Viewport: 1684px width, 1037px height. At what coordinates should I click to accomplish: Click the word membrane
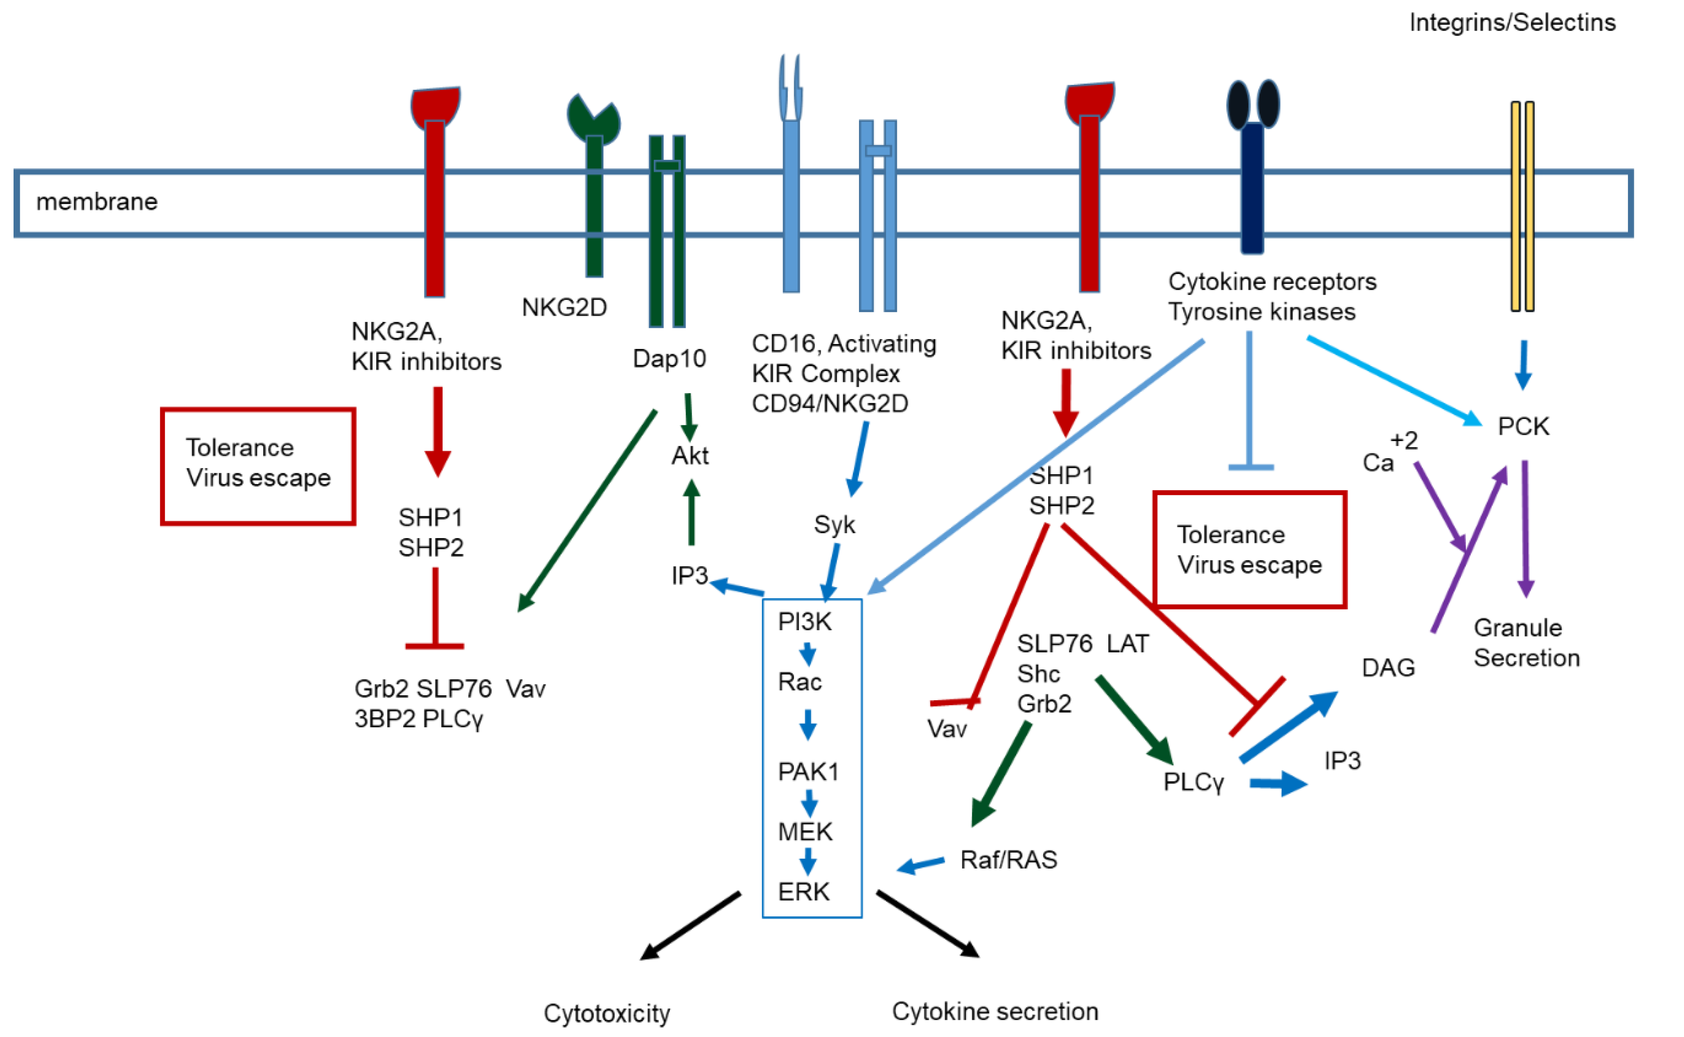tap(97, 202)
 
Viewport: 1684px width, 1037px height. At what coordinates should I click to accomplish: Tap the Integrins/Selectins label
tap(1512, 23)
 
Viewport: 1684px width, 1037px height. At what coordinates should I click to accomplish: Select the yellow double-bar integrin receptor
tap(1522, 206)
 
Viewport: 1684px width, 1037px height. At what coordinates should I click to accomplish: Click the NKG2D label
tap(564, 307)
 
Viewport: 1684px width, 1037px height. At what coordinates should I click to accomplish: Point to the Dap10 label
tap(669, 358)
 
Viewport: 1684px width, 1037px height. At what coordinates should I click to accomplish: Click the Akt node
tap(690, 456)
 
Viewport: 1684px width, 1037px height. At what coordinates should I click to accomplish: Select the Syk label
tap(834, 525)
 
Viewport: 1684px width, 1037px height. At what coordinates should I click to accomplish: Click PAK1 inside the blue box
tap(808, 772)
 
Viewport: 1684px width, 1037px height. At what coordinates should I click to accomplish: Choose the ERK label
tap(803, 892)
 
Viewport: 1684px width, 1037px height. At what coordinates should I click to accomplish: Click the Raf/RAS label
tap(1008, 860)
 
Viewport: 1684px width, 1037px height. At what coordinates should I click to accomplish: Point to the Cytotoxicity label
tap(606, 1013)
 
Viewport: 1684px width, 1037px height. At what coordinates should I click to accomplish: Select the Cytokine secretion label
tap(994, 1011)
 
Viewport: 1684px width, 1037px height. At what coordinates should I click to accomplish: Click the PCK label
tap(1523, 427)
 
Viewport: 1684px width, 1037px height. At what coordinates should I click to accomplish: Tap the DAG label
tap(1388, 667)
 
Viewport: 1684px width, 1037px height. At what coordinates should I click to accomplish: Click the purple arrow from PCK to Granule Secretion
tap(1525, 528)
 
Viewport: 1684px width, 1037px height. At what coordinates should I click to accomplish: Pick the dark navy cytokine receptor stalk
tap(1252, 189)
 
